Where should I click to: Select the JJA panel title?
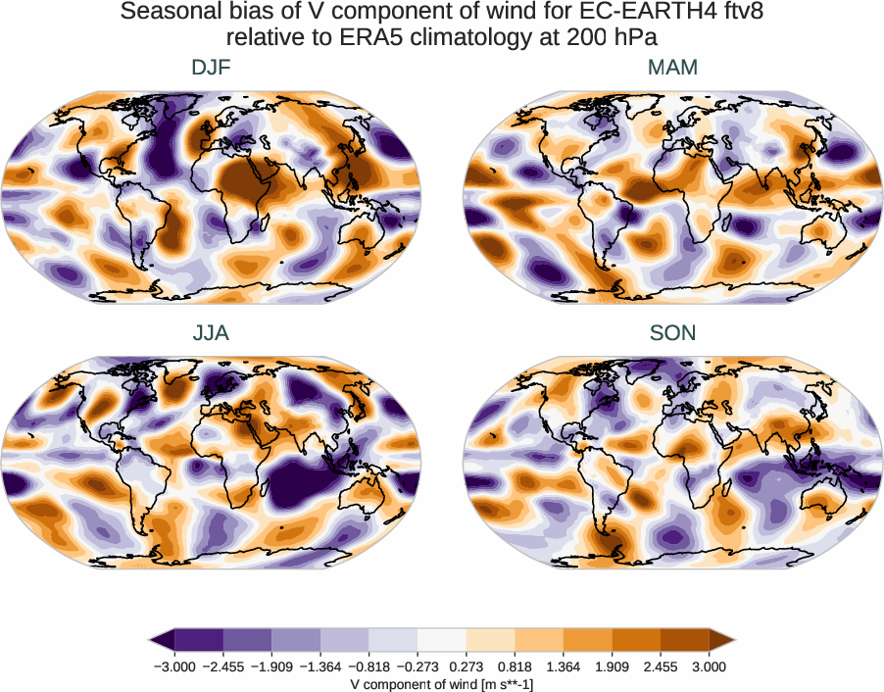tap(211, 333)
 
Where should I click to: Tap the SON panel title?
tap(672, 333)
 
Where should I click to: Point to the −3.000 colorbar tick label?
tap(174, 667)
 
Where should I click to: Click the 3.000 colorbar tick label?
tap(709, 667)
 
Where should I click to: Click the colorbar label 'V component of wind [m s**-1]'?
tap(442, 684)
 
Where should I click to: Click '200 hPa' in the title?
tap(621, 38)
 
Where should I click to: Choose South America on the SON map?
tap(599, 490)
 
